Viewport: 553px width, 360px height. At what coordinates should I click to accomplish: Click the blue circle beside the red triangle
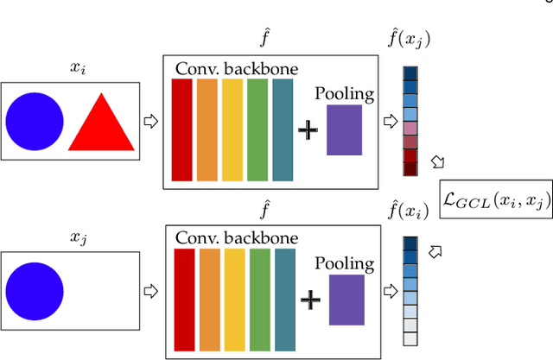tap(35, 121)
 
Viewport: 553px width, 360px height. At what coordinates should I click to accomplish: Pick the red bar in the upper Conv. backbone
tap(182, 129)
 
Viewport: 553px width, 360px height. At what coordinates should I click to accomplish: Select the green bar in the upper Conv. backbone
tap(257, 129)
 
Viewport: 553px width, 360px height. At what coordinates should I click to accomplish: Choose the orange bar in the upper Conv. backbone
tap(207, 129)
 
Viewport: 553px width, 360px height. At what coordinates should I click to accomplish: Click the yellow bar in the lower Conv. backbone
tap(234, 297)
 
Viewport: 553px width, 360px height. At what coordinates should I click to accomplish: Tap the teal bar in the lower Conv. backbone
tap(284, 297)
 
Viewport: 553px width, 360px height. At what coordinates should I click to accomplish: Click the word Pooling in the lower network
tap(346, 262)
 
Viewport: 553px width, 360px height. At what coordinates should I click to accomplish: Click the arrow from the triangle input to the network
tap(150, 120)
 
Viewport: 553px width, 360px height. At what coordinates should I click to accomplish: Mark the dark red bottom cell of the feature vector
tap(410, 169)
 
